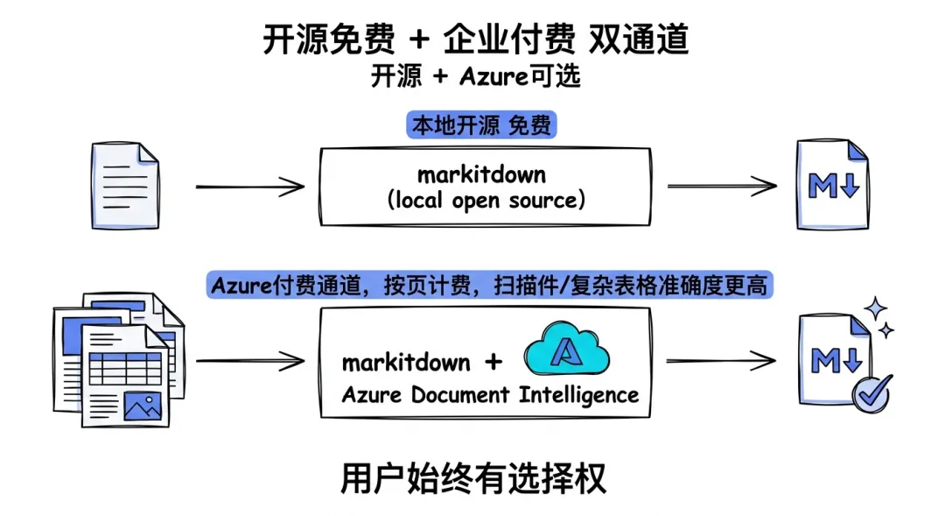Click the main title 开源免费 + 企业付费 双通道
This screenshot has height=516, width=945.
pos(475,39)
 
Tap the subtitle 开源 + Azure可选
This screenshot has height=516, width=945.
pos(475,76)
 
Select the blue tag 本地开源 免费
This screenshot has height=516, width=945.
pos(481,125)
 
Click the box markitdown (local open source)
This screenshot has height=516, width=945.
pos(485,187)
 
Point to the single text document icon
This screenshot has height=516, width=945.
pos(125,186)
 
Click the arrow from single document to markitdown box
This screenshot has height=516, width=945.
pos(250,187)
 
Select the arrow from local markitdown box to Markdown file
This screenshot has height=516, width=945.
pos(722,186)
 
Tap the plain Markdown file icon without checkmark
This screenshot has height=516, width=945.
pos(833,185)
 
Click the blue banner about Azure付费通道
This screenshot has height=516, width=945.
pos(489,285)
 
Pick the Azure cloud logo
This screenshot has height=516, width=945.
pos(566,350)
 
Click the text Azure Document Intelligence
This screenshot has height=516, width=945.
pos(490,395)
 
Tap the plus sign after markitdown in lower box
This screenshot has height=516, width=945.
pos(493,362)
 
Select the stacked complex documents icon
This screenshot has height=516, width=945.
pos(119,360)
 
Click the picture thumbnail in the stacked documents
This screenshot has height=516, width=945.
pos(143,406)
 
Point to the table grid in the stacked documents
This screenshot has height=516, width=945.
pos(125,369)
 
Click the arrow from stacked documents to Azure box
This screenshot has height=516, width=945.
pos(250,361)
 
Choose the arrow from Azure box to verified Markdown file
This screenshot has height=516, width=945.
pos(721,361)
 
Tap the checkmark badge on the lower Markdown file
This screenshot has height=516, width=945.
pos(871,393)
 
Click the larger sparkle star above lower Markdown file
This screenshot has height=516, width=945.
pos(876,308)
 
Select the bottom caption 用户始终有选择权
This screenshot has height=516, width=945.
pos(473,478)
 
